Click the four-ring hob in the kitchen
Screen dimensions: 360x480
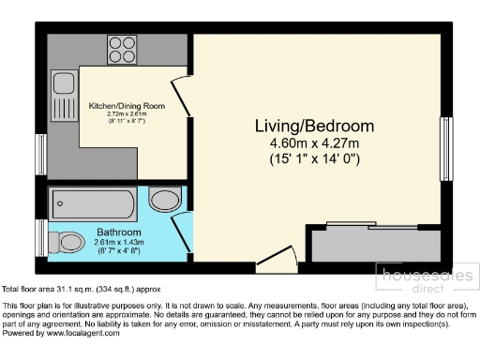point(122,47)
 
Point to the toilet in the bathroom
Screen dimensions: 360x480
point(67,242)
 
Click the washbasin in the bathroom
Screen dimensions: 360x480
point(166,200)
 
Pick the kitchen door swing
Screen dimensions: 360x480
point(184,96)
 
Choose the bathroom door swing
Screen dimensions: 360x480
point(183,231)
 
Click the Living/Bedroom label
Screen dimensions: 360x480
point(315,127)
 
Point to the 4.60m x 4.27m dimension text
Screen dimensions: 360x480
point(315,143)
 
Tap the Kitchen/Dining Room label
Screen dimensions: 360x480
point(127,106)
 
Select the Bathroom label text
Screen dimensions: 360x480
point(118,232)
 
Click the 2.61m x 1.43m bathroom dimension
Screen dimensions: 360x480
point(118,242)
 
